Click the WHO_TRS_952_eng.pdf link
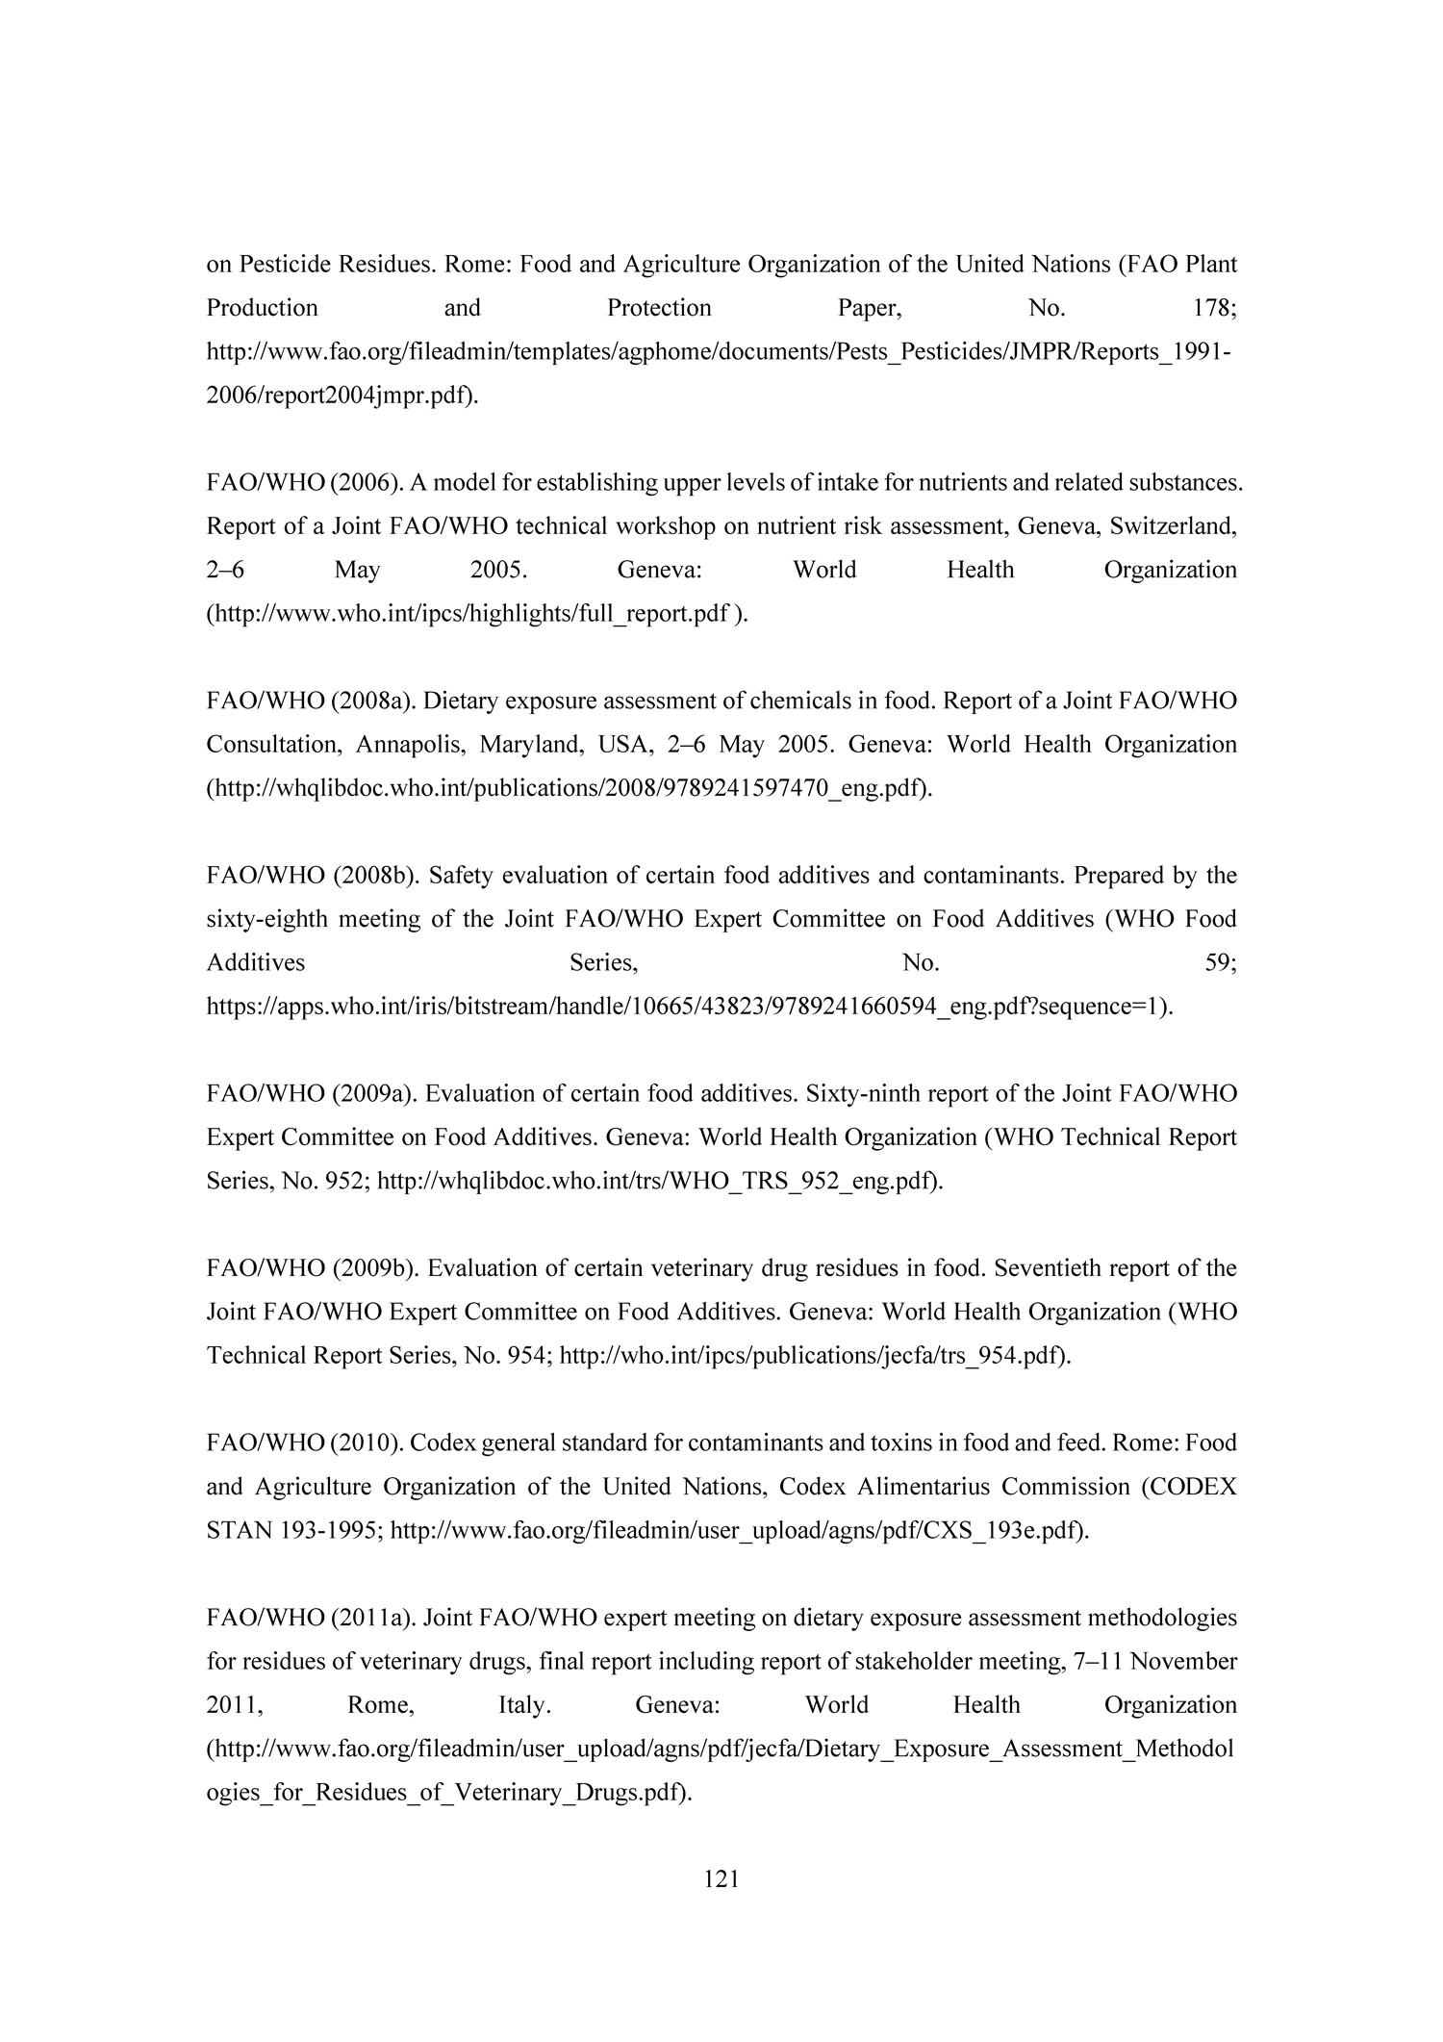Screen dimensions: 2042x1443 click(659, 1182)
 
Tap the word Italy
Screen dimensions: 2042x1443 click(524, 1705)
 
